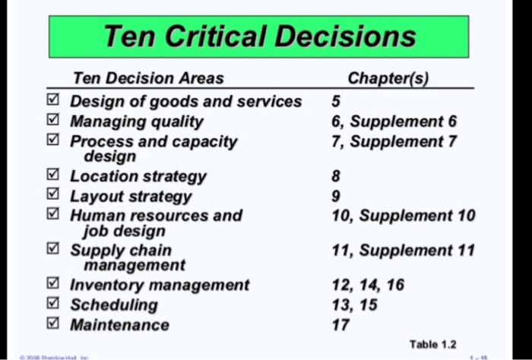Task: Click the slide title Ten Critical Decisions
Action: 260,36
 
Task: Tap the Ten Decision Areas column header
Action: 148,78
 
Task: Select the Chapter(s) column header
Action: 388,78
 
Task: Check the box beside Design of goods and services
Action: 52,101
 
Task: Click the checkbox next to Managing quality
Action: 52,121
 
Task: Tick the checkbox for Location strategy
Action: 52,176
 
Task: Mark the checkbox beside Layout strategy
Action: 52,196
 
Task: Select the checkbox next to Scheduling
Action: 52,305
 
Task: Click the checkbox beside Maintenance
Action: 52,324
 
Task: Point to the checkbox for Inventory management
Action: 52,285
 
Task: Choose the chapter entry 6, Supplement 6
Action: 397,122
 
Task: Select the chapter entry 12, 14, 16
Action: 368,285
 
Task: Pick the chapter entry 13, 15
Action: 354,305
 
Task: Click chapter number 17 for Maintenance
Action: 341,325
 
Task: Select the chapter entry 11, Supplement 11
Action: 403,250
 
